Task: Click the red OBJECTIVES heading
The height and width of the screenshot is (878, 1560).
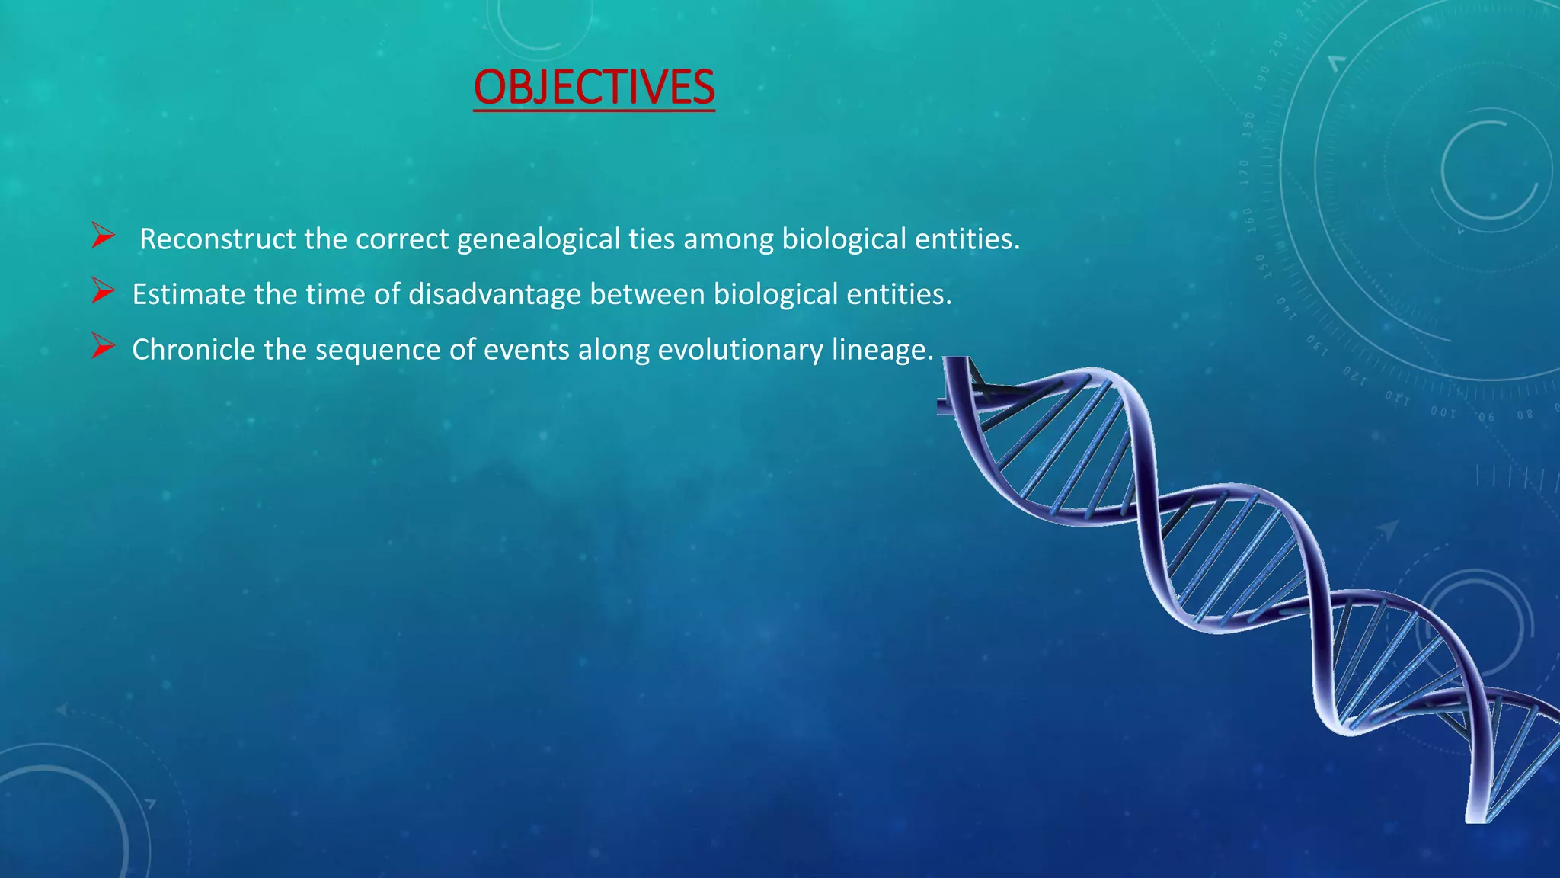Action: point(594,87)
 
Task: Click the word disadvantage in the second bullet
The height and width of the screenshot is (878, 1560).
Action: point(494,294)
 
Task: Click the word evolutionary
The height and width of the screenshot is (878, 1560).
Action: point(740,350)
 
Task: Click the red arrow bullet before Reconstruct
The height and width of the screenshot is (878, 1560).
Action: point(103,236)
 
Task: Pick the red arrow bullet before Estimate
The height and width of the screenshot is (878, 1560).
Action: point(103,290)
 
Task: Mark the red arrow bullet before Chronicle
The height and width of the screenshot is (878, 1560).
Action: point(103,346)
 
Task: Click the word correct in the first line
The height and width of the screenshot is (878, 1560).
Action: point(402,239)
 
